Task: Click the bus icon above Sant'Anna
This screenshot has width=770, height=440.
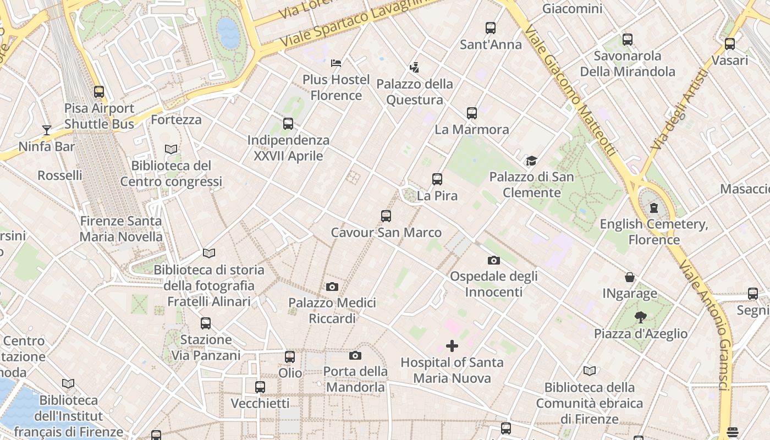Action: coord(490,28)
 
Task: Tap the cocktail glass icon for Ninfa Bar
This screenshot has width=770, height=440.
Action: coord(47,130)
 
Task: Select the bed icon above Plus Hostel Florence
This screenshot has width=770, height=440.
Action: coord(336,63)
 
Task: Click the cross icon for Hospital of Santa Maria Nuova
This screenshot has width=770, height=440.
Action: coord(452,346)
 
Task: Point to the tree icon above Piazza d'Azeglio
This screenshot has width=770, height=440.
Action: coord(640,317)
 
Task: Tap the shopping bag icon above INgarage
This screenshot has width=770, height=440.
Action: coord(629,277)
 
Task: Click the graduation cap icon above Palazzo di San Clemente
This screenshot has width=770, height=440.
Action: coord(531,161)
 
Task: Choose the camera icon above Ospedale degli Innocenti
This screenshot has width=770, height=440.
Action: coord(493,260)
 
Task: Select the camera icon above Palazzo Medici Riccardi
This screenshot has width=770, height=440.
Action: coord(332,287)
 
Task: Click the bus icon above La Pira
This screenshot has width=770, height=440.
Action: coord(437,179)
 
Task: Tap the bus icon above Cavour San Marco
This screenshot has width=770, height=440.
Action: coord(386,216)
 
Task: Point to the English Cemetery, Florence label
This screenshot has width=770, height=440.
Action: coord(654,232)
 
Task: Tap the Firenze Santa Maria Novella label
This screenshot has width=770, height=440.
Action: coord(121,229)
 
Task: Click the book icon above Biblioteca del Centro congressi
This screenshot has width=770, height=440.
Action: coord(171,149)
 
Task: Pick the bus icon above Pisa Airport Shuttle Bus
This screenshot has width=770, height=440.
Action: coord(99,92)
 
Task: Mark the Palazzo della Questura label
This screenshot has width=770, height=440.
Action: coord(415,92)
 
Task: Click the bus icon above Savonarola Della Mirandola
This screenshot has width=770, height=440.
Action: coord(628,40)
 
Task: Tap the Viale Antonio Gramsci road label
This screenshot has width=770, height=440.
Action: coord(707,324)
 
